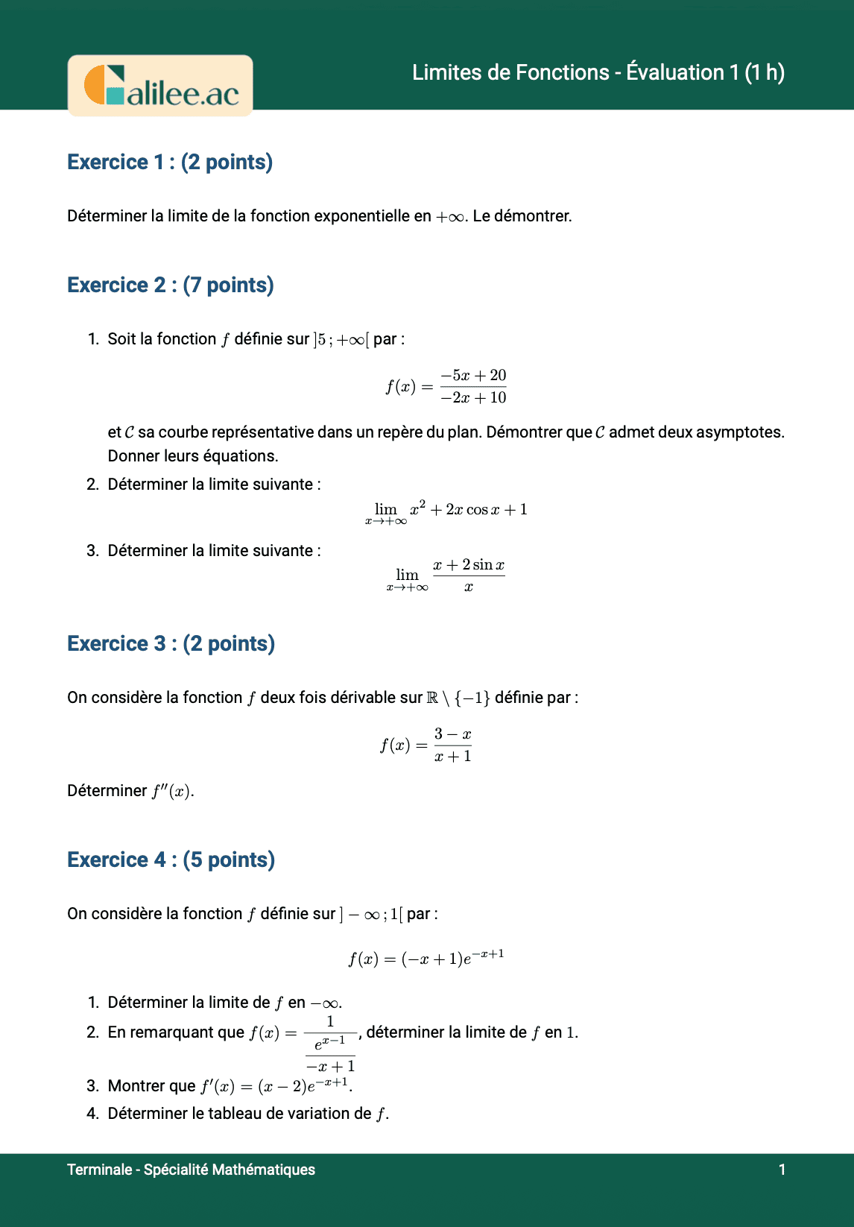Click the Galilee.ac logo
click(160, 86)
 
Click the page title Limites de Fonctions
click(598, 72)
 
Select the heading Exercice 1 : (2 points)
click(170, 162)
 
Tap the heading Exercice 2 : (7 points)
click(171, 285)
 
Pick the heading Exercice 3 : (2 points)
click(171, 643)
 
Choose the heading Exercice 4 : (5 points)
click(171, 859)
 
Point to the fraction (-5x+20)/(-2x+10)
click(472, 386)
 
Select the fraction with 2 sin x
click(469, 575)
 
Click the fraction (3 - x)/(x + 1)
click(452, 745)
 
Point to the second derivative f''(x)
click(173, 791)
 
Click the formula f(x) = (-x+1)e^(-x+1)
click(426, 958)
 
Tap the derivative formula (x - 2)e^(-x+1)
click(303, 1085)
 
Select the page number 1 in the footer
click(782, 1170)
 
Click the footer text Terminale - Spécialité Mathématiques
click(191, 1170)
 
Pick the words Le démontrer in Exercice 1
click(522, 216)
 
